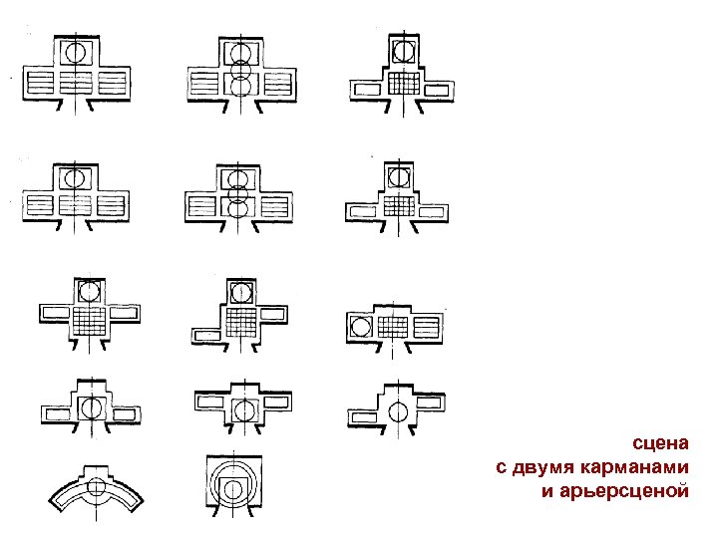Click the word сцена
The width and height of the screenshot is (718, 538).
click(660, 444)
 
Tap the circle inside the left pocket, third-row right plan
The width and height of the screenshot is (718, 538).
click(360, 325)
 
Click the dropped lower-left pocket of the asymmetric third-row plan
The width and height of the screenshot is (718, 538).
click(206, 334)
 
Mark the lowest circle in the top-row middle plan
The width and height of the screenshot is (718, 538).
click(238, 87)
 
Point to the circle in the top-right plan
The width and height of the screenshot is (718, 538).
click(402, 50)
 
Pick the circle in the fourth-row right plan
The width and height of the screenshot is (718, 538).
click(399, 408)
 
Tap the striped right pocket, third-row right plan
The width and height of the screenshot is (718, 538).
click(427, 325)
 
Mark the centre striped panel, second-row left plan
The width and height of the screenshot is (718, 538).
click(74, 206)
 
